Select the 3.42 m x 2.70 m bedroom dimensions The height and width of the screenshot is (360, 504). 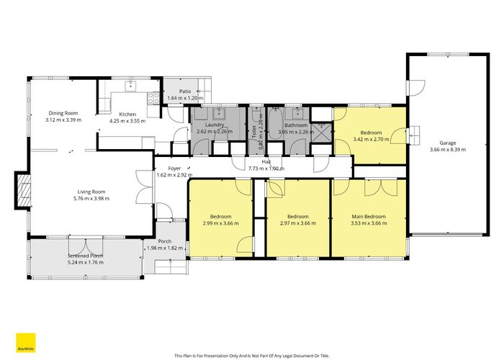(371, 140)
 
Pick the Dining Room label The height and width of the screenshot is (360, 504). (63, 113)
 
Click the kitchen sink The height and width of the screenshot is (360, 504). (131, 86)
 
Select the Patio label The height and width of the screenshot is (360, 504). (185, 91)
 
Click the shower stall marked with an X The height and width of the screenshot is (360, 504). (325, 133)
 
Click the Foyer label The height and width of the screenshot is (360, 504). (165, 168)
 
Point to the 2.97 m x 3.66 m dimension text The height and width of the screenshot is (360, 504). (297, 223)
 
